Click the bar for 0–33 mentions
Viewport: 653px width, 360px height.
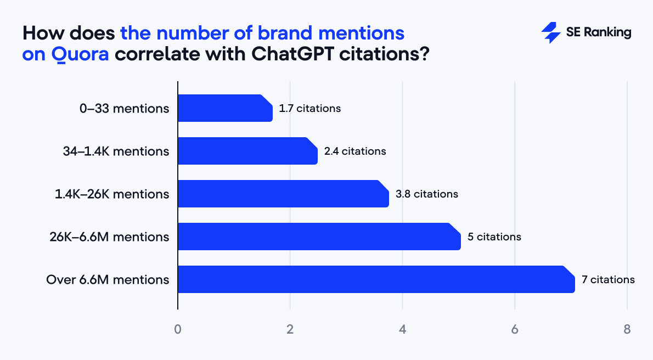click(x=225, y=108)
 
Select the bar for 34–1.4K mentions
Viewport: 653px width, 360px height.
click(x=247, y=151)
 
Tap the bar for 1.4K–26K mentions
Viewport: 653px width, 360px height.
click(x=283, y=194)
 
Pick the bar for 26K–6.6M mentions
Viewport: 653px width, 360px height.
click(x=319, y=237)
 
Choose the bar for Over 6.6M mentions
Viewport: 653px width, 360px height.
click(x=376, y=279)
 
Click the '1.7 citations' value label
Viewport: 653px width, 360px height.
click(x=310, y=108)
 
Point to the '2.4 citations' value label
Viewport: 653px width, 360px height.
click(x=355, y=151)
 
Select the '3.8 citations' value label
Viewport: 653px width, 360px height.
click(x=426, y=194)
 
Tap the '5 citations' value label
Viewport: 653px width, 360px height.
click(x=494, y=237)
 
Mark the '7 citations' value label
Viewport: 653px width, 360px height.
click(x=608, y=279)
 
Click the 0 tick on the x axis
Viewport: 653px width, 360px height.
click(x=178, y=330)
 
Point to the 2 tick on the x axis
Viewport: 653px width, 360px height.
click(x=290, y=330)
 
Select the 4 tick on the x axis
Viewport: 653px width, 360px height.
click(x=402, y=330)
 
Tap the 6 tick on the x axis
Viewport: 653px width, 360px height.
click(x=515, y=330)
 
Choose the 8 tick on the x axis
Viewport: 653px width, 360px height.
click(x=627, y=330)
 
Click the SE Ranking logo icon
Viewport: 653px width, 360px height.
click(x=550, y=33)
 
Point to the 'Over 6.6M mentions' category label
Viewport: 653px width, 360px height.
click(x=108, y=279)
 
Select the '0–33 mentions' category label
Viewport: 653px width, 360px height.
click(x=124, y=108)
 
